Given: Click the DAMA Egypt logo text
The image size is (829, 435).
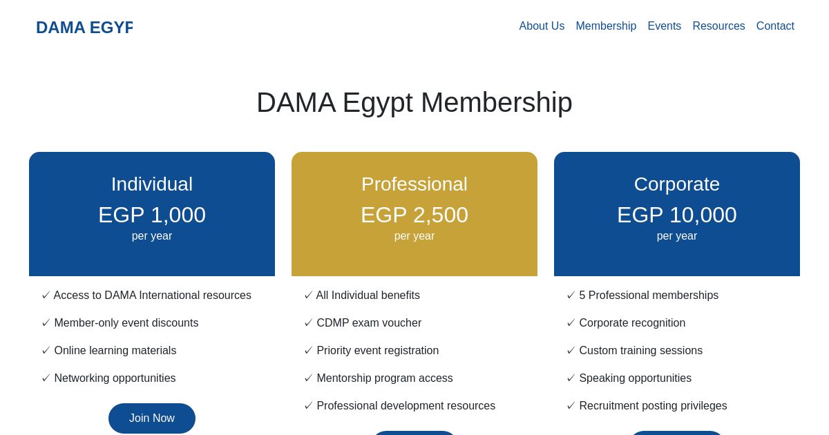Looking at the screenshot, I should coord(84,28).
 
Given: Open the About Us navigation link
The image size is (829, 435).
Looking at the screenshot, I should coord(542,26).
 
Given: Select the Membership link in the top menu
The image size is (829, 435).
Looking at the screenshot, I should coord(606,26).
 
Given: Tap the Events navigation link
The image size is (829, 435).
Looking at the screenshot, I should coord(664,26).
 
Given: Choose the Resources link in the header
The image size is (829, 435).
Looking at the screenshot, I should coord(718,26).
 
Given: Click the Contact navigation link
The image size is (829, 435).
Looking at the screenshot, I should coord(775,26).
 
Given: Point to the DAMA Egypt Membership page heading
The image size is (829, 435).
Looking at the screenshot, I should coord(414,103).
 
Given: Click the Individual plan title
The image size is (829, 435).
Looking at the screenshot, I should coord(152,184).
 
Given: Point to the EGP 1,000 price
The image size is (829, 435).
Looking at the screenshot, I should coord(152,215).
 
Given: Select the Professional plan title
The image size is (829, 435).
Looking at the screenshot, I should coord(414,184).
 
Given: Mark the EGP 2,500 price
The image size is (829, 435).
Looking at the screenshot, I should coord(414,215).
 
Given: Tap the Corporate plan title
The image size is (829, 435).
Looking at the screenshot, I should coord(677,184).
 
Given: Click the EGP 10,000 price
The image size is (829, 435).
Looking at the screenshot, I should coord(677,215).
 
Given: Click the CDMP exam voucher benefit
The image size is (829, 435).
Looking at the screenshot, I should coord(369,323).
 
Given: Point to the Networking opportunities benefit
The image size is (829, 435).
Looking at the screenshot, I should coord(115,378).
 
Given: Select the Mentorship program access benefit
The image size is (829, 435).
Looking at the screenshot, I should coord(385,378).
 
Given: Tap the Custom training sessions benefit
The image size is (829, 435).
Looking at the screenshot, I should coord(640,351).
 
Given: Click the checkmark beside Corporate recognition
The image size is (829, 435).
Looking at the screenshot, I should coord(571,323).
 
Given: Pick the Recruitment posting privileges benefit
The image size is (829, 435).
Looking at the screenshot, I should coord(653,406).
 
